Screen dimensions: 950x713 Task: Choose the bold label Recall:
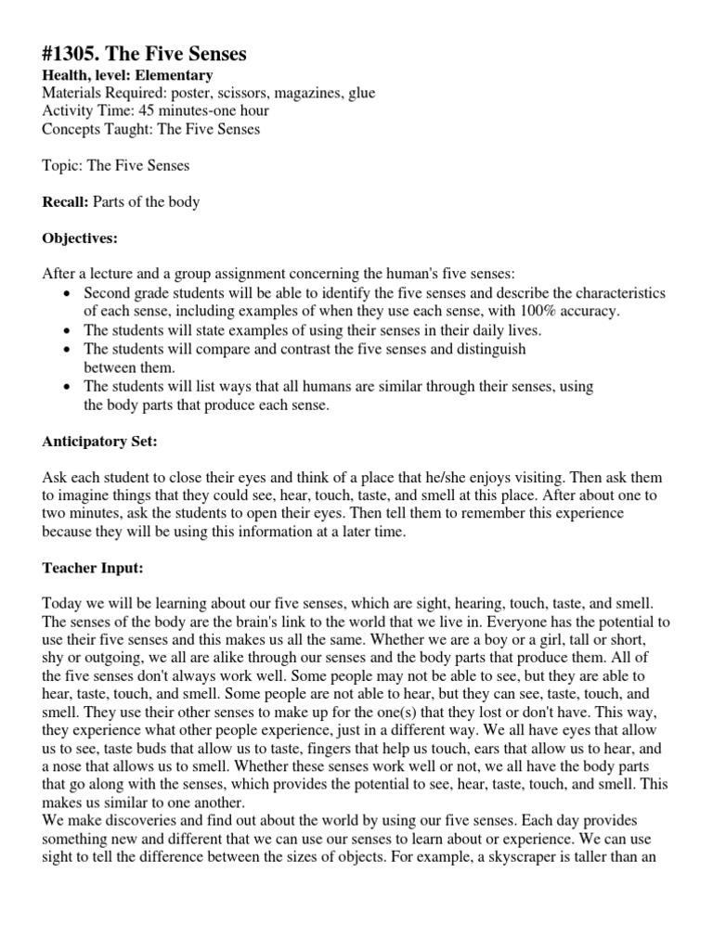[64, 201]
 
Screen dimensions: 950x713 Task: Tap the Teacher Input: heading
[92, 566]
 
